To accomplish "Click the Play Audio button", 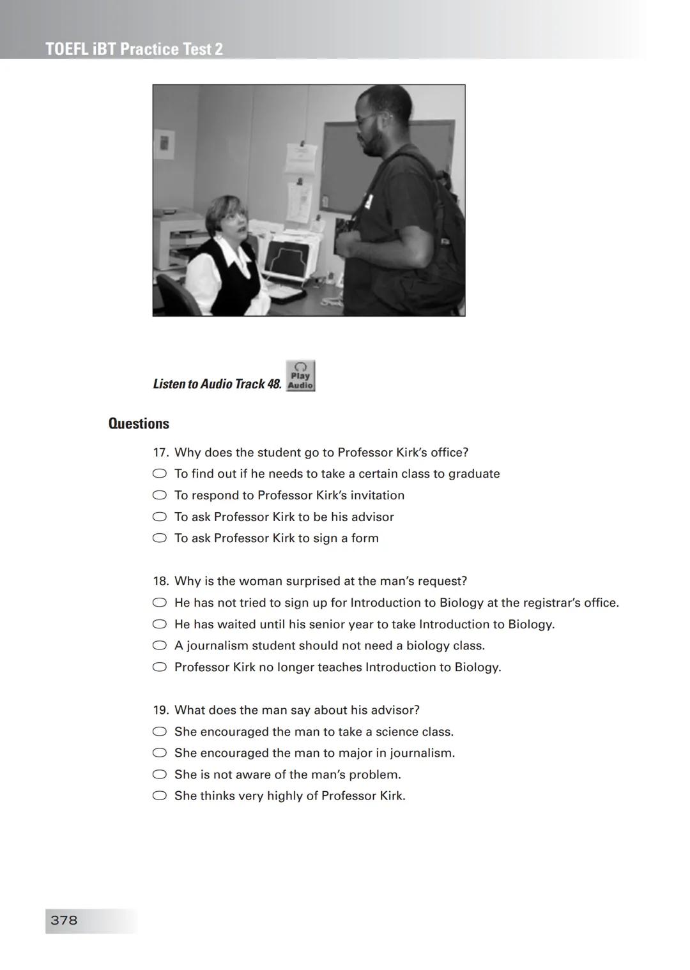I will [300, 376].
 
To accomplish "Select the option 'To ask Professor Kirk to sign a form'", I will [159, 538].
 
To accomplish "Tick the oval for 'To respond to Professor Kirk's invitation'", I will [159, 496].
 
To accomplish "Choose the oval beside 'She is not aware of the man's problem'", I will [159, 775].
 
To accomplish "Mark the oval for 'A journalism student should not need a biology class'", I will [159, 646].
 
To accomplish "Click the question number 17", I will [160, 453].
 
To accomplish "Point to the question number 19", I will [160, 710].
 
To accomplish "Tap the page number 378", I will [64, 920].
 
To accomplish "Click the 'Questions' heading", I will [139, 423].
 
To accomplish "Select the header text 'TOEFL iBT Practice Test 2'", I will [134, 49].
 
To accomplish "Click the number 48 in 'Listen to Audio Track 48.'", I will [273, 384].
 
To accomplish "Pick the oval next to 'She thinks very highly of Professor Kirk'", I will [159, 796].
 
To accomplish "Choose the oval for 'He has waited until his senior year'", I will [159, 625].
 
